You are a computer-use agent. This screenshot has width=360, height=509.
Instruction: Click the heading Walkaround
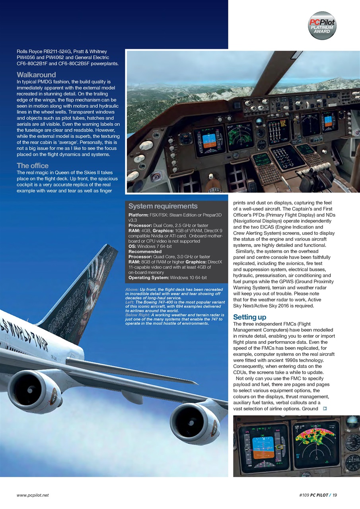click(x=36, y=75)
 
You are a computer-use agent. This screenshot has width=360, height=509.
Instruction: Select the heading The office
click(x=33, y=165)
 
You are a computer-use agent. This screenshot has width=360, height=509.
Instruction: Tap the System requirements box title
click(x=163, y=206)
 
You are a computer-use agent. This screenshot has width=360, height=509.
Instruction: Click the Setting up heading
click(x=249, y=317)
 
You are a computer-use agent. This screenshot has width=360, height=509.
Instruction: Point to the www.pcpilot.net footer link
click(x=33, y=495)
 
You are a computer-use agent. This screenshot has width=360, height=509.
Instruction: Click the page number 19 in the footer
click(x=335, y=495)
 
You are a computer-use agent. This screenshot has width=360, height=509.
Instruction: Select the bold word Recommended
click(x=145, y=251)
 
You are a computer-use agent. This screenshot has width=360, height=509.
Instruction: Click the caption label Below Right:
click(x=137, y=315)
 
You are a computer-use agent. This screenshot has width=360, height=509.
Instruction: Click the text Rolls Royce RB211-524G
click(x=44, y=51)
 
